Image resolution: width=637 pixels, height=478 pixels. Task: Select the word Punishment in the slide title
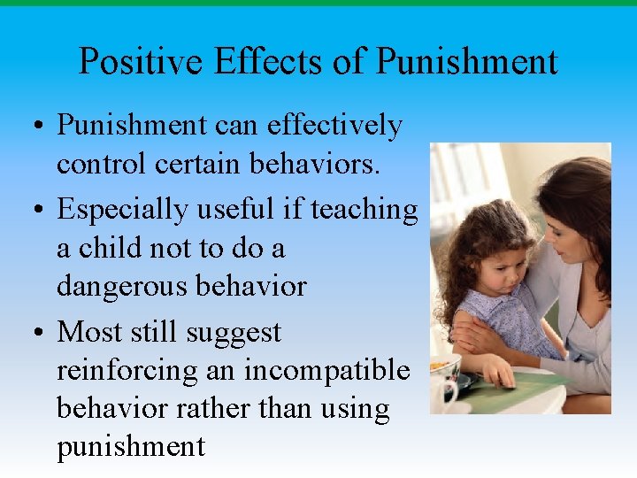coord(466,62)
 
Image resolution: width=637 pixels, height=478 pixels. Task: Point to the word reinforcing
coord(126,371)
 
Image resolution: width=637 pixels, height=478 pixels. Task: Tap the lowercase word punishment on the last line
coord(130,446)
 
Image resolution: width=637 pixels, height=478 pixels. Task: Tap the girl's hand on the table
coord(502,376)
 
